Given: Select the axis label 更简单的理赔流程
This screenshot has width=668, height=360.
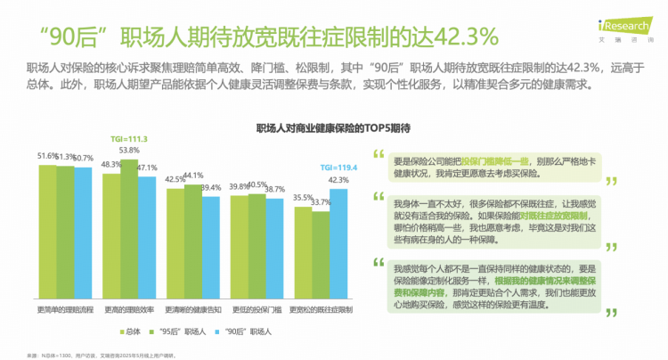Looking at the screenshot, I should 64,309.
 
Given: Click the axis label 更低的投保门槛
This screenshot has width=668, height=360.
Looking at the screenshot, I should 257,309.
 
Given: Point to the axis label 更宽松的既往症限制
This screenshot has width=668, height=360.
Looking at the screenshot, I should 321,309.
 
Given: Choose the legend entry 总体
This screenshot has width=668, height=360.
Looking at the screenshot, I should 134,331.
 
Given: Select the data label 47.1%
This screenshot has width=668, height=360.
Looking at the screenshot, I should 147,168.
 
